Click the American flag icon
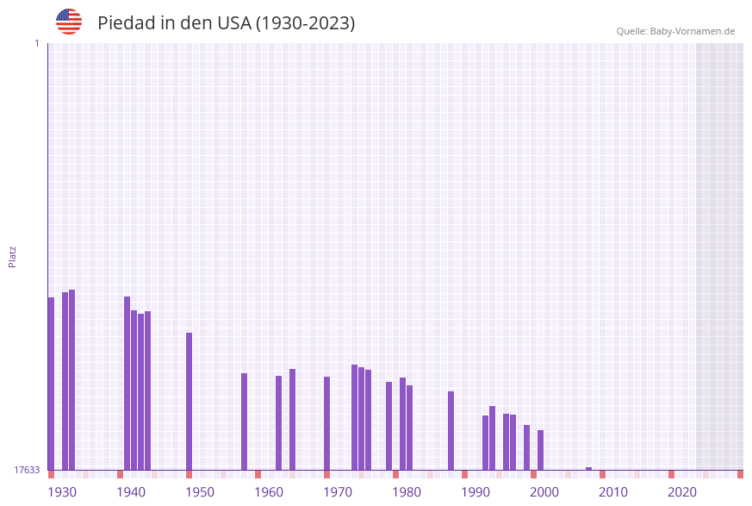pyautogui.click(x=69, y=22)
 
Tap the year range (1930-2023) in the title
pyautogui.click(x=305, y=23)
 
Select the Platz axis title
pyautogui.click(x=13, y=256)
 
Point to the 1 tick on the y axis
pyautogui.click(x=36, y=43)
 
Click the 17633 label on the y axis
pyautogui.click(x=27, y=470)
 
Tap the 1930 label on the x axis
pyautogui.click(x=62, y=492)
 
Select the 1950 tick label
pyautogui.click(x=200, y=492)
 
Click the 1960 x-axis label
pyautogui.click(x=269, y=492)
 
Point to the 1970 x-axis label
pyautogui.click(x=338, y=492)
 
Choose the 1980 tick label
pyautogui.click(x=407, y=492)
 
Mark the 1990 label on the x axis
pyautogui.click(x=475, y=492)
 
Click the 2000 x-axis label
pyautogui.click(x=544, y=492)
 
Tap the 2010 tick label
pyautogui.click(x=613, y=492)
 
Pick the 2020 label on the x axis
pyautogui.click(x=682, y=492)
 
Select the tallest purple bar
pyautogui.click(x=72, y=379)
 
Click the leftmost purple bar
pyautogui.click(x=51, y=384)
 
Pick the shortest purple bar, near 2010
pyautogui.click(x=588, y=469)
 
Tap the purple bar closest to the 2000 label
pyautogui.click(x=540, y=450)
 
